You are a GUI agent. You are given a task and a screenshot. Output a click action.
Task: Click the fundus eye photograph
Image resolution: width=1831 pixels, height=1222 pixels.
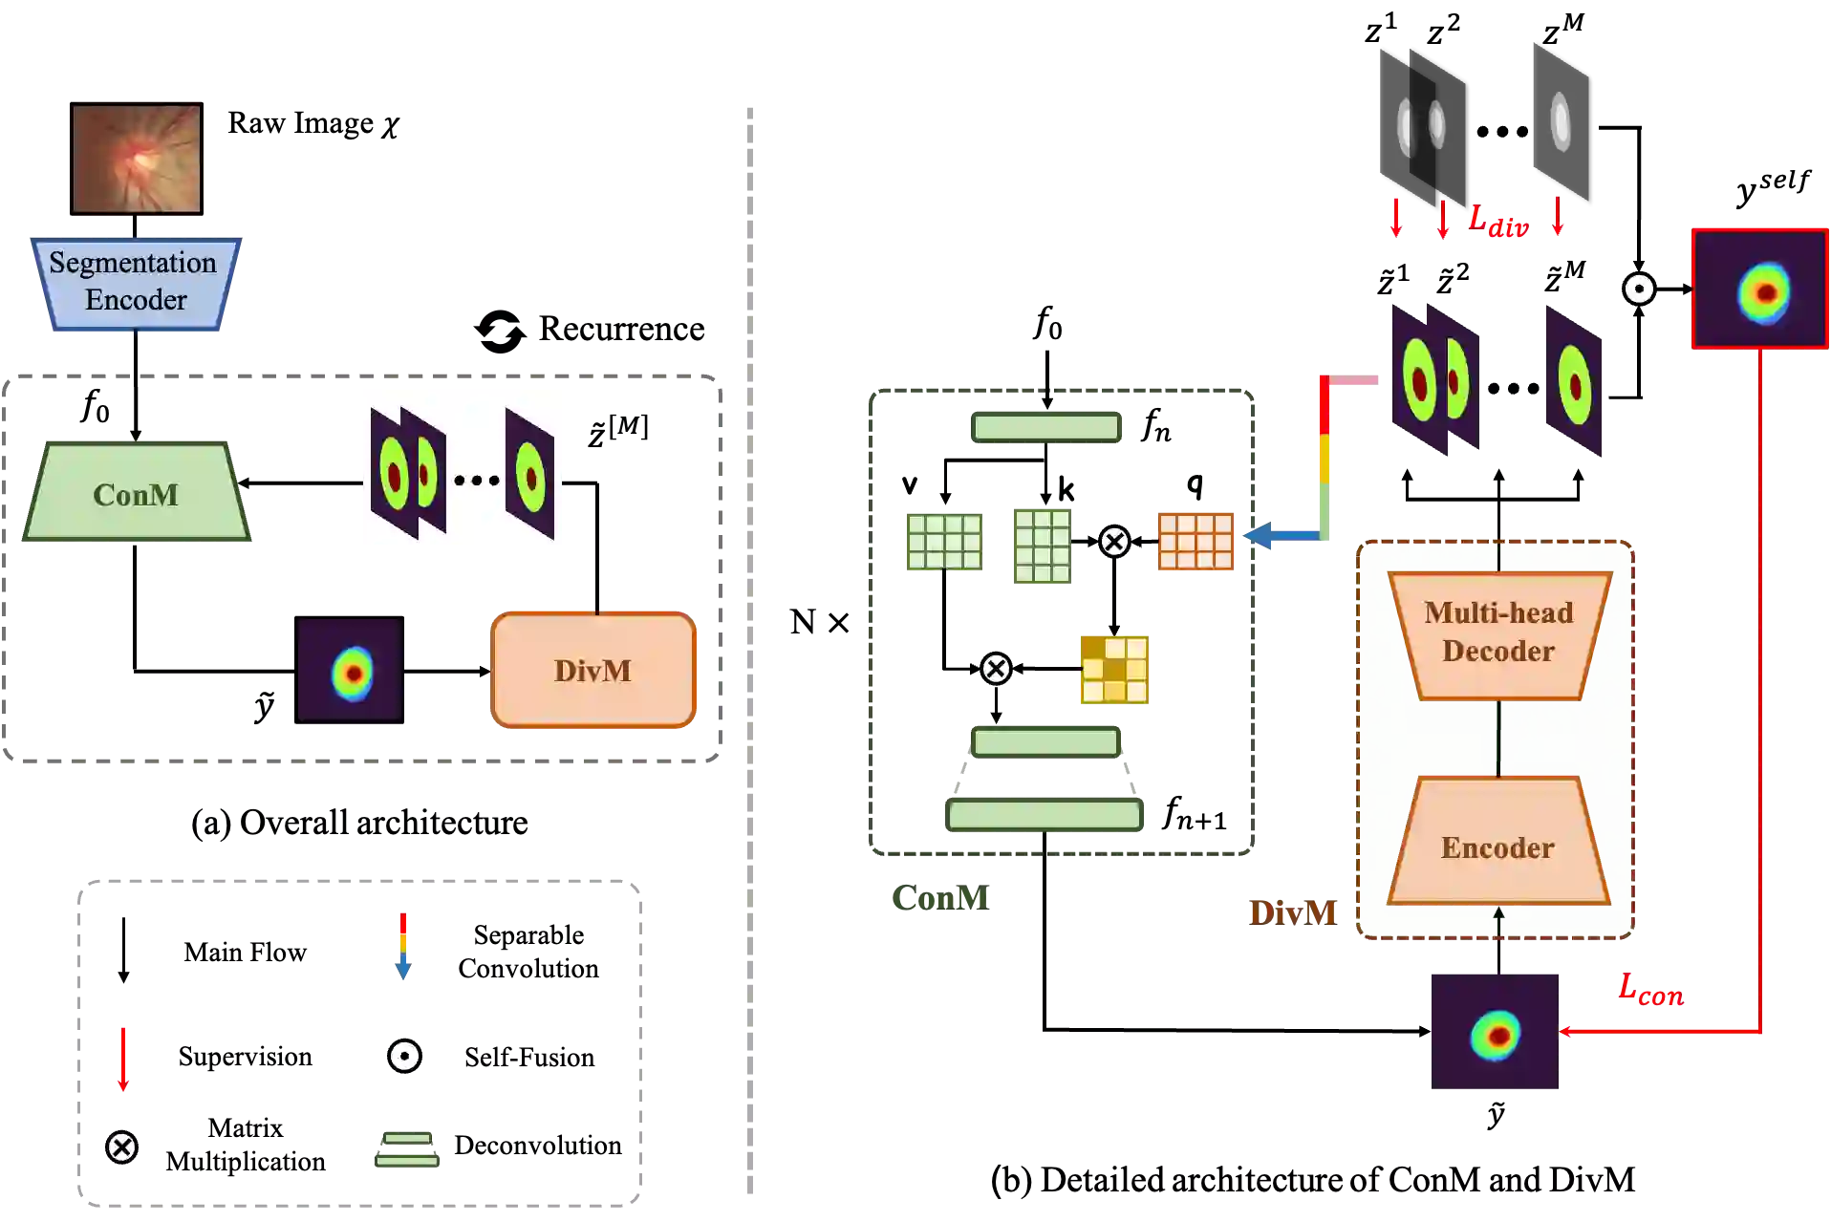(137, 159)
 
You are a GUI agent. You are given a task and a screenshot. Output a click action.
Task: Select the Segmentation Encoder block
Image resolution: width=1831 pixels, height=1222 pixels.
(134, 283)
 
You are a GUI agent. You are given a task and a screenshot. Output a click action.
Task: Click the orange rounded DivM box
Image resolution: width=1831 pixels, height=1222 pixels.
(592, 670)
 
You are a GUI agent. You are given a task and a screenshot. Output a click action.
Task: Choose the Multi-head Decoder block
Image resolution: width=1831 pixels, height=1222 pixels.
(1498, 633)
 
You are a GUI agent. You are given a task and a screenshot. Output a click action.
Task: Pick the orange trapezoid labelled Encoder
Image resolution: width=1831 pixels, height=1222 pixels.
(1497, 843)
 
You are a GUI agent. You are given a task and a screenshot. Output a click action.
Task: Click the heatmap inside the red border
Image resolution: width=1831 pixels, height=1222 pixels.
(1760, 289)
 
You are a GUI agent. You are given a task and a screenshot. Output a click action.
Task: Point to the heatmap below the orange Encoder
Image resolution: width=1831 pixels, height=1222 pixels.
(1494, 1032)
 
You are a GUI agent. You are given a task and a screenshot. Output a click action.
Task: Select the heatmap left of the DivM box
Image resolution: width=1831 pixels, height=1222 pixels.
(350, 670)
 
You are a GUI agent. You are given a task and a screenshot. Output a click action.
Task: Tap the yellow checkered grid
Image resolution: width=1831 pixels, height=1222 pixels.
(1115, 672)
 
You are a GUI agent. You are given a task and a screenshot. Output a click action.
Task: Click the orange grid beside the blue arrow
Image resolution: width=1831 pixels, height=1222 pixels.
(1196, 542)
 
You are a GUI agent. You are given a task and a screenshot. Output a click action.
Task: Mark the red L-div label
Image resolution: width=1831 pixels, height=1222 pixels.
(1497, 222)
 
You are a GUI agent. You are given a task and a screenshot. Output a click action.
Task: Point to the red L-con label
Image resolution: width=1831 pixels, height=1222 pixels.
(1650, 990)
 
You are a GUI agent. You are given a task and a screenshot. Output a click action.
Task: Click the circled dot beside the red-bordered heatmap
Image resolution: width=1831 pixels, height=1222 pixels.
(1638, 289)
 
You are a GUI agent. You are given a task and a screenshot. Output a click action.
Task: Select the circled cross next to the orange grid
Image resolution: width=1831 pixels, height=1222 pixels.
(1114, 542)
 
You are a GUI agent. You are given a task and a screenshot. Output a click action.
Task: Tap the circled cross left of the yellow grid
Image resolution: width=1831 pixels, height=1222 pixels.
(996, 669)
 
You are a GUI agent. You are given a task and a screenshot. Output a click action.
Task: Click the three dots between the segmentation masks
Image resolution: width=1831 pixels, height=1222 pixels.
(476, 480)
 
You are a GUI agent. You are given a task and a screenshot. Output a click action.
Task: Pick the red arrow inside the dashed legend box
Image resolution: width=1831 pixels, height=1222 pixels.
(122, 1058)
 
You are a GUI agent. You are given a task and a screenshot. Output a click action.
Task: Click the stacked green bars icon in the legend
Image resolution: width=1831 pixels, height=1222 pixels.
(408, 1149)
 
